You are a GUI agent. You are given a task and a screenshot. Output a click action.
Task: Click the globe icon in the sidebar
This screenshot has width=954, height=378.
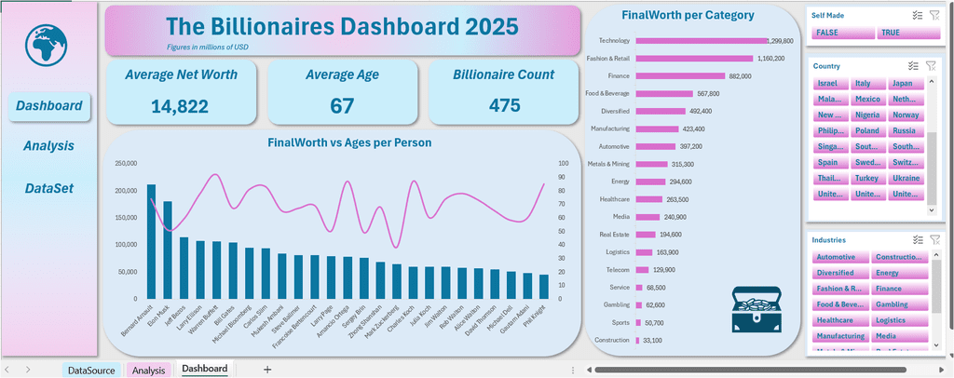pos(48,47)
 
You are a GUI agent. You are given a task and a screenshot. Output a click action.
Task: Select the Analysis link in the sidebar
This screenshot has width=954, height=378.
pos(48,146)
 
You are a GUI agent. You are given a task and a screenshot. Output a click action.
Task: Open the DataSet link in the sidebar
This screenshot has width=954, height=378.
pos(48,188)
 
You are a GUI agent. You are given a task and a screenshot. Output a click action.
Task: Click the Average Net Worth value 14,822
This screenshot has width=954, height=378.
pos(180,106)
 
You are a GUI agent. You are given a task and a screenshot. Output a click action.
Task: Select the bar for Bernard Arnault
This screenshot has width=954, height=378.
pos(151,242)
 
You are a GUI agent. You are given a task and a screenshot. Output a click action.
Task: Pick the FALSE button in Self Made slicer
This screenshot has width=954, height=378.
pos(842,33)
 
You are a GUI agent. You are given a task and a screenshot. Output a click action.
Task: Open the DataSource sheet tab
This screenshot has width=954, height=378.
pos(91,371)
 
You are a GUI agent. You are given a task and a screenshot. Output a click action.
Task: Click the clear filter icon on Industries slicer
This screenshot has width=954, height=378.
pos(934,239)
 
